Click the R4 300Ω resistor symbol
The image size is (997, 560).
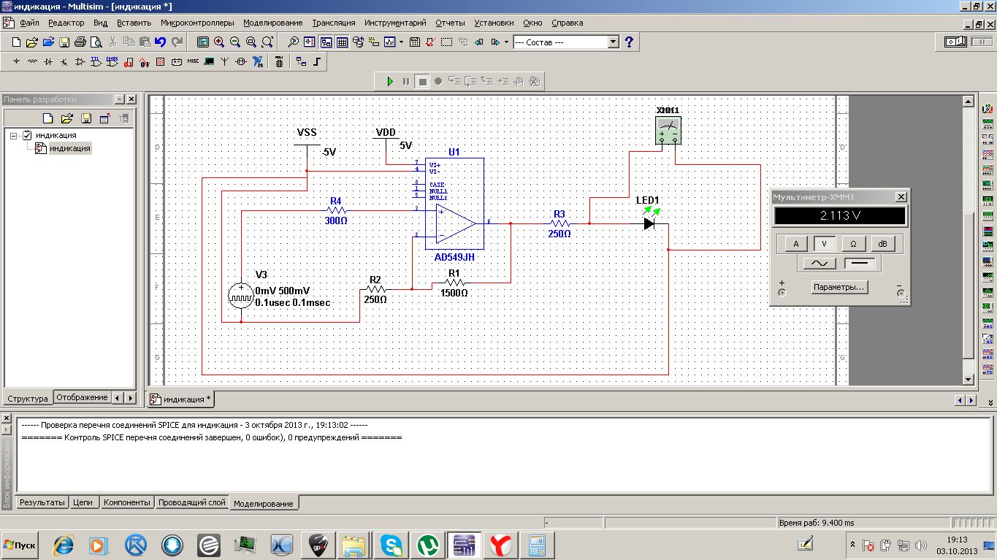click(x=335, y=210)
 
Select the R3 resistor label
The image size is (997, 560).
click(x=559, y=214)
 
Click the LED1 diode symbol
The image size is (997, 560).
click(x=649, y=223)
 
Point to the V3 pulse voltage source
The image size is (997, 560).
click(x=240, y=296)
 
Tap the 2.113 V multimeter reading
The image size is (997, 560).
click(x=840, y=216)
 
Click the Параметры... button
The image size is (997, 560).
click(x=839, y=287)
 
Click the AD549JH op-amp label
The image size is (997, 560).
click(x=454, y=258)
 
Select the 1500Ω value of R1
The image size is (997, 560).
click(x=454, y=293)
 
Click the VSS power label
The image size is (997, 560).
click(x=307, y=133)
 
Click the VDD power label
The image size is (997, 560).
click(x=386, y=133)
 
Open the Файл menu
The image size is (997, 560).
click(x=29, y=23)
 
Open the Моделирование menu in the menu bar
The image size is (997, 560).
click(x=272, y=23)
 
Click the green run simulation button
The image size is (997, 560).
click(x=390, y=81)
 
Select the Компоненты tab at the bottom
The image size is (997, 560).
click(x=126, y=502)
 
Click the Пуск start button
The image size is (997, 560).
click(x=20, y=545)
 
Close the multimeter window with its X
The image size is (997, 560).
click(x=901, y=197)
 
